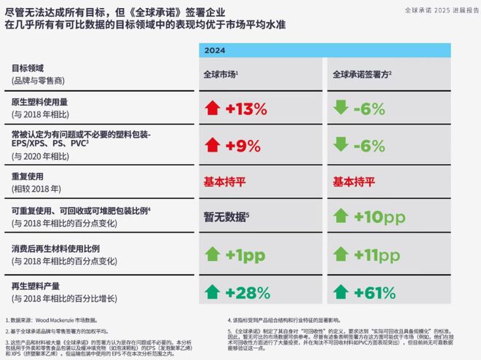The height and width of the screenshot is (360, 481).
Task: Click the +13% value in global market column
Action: pos(247,109)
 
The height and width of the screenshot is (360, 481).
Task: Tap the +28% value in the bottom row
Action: pos(247,292)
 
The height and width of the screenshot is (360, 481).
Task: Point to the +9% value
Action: pos(243,145)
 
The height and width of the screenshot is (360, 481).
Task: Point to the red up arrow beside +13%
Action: pos(212,109)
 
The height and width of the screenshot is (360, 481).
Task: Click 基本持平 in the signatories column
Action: pos(353,181)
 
